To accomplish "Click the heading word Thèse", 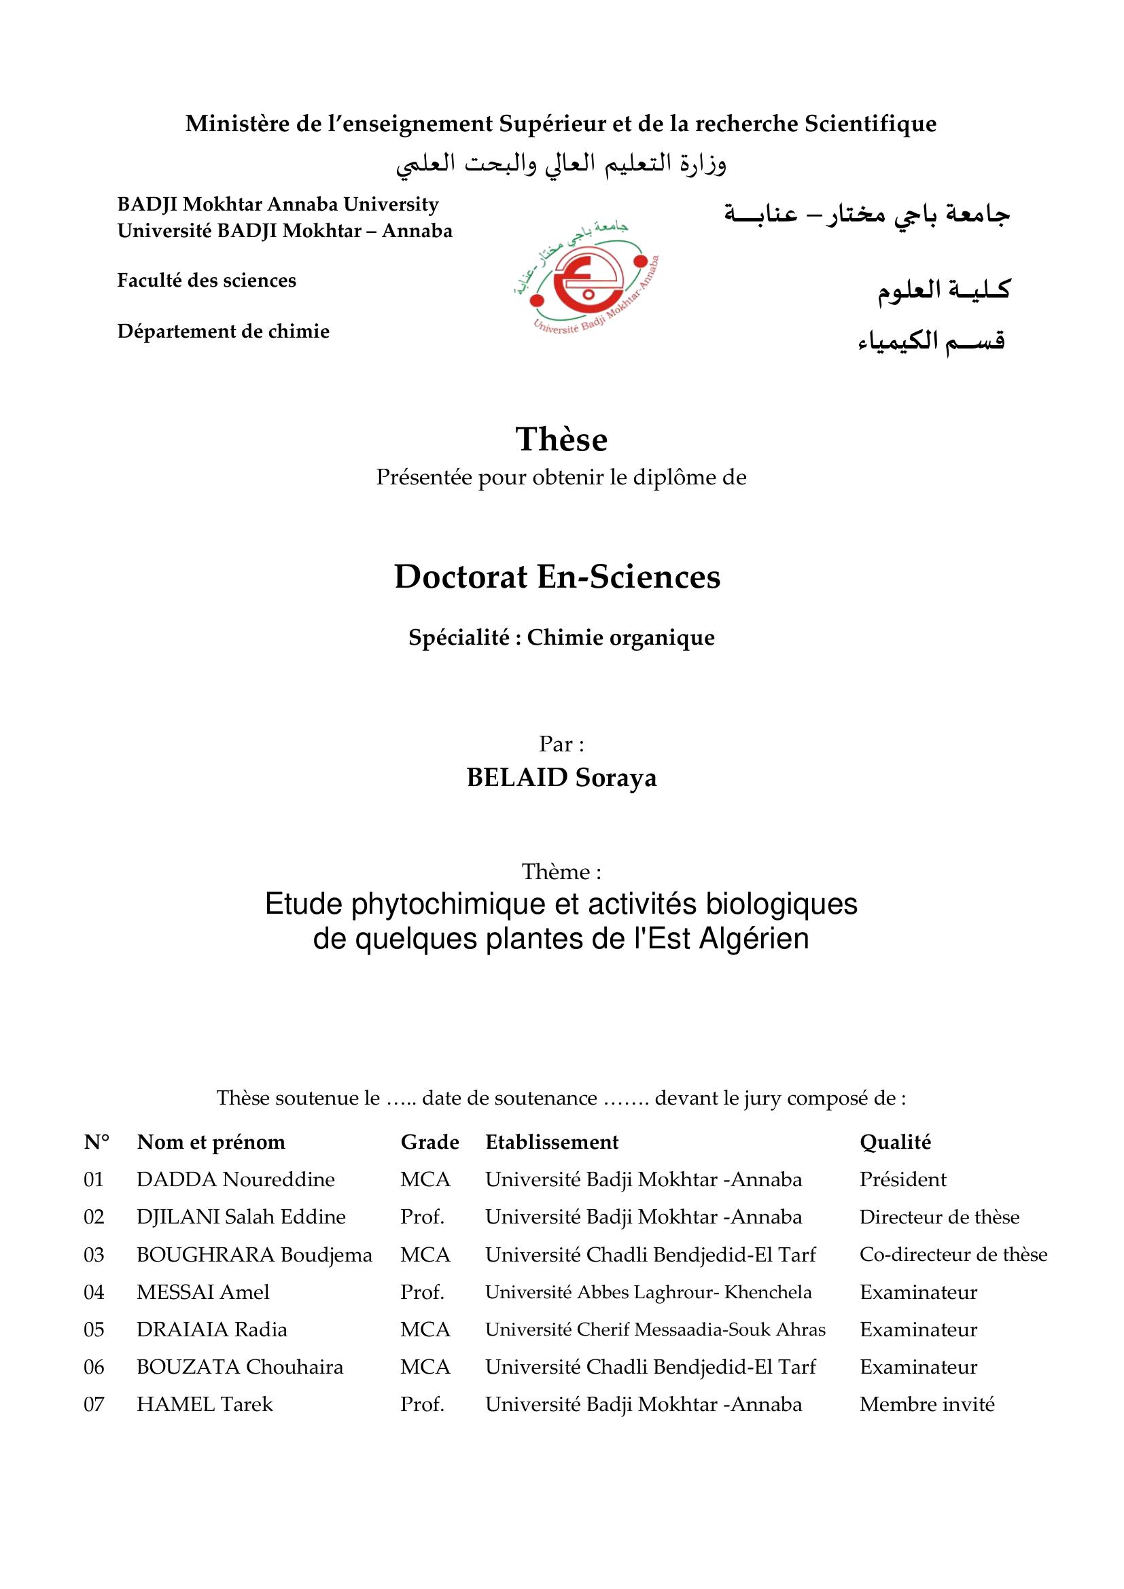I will [561, 440].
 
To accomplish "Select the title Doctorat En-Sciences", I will [557, 577].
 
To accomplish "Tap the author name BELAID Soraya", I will [561, 778].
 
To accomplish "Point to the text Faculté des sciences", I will [207, 281].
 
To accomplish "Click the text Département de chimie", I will [223, 332].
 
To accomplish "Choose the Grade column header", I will [429, 1142].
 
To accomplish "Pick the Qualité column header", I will [895, 1142].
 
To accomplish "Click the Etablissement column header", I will [552, 1142].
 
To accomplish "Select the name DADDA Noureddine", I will [235, 1179].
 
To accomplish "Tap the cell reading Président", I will [902, 1179].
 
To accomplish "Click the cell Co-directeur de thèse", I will [953, 1255].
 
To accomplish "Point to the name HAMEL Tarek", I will [205, 1404].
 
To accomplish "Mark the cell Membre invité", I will [927, 1404].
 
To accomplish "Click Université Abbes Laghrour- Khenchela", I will [648, 1292].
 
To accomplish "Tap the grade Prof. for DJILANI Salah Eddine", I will [421, 1217].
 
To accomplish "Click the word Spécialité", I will [459, 637].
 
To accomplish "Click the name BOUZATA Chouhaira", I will [239, 1367].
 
